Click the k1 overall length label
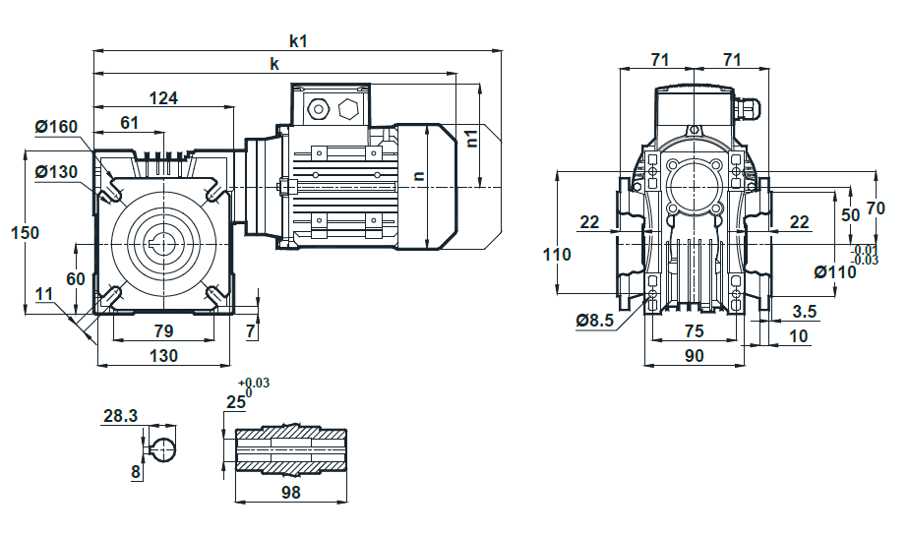(x=298, y=41)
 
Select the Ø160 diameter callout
(x=56, y=126)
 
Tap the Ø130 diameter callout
(x=56, y=171)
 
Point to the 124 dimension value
(x=163, y=98)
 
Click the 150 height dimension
(x=25, y=232)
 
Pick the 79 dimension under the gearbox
(x=163, y=331)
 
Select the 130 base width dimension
(x=163, y=355)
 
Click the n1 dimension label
(x=472, y=138)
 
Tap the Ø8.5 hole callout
(x=595, y=321)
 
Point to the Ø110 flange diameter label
(x=835, y=271)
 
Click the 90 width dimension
(x=694, y=355)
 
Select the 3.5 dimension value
(x=804, y=311)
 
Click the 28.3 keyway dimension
(x=121, y=416)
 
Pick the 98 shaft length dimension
(x=291, y=492)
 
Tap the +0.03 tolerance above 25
(x=254, y=384)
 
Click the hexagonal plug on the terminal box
(x=348, y=108)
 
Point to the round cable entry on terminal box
(x=317, y=108)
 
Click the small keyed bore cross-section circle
(x=163, y=449)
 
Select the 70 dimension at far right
(x=876, y=208)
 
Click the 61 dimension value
(x=129, y=122)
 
